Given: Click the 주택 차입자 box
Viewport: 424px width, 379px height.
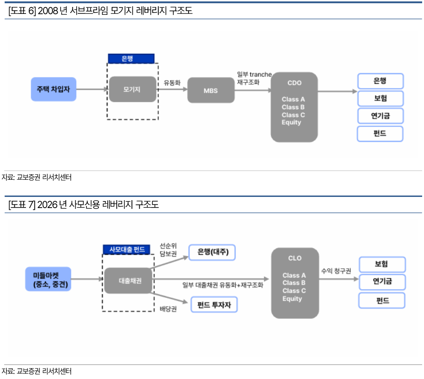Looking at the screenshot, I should (53, 89).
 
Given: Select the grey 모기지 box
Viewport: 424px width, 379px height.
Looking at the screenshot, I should (132, 89).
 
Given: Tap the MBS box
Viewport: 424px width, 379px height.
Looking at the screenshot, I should (210, 90).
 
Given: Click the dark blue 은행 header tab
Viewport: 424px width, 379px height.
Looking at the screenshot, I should (131, 58).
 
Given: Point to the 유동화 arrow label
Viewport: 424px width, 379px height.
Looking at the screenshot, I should (172, 83).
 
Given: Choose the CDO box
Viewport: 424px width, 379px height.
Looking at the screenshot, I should (294, 107).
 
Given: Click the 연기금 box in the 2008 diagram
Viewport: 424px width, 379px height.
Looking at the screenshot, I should (380, 115).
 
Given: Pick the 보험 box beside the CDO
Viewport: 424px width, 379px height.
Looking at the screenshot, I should (380, 98).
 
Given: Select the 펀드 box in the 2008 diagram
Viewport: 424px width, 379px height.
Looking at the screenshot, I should (380, 133).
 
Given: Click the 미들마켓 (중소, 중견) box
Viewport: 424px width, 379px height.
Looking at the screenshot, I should (48, 279).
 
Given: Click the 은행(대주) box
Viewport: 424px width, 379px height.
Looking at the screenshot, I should (212, 252).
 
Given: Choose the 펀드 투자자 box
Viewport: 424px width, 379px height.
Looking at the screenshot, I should (214, 304).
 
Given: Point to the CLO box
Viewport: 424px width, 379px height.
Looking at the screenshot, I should (294, 283).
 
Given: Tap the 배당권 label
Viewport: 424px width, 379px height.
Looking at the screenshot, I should (168, 309).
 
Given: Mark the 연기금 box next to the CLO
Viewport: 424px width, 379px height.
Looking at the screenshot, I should (382, 282).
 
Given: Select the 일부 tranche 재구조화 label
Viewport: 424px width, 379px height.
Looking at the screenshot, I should (254, 78).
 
